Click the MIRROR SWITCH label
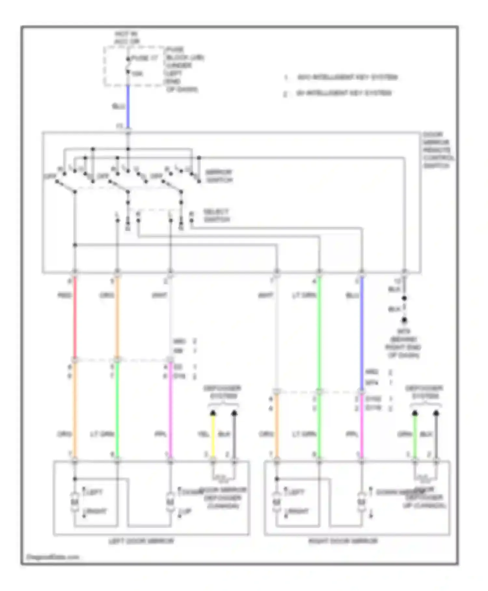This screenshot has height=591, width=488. click(x=219, y=176)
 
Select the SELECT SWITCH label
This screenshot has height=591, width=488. click(x=217, y=215)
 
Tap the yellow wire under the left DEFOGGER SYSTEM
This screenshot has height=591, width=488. click(x=213, y=437)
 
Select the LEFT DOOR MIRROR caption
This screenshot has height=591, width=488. click(x=141, y=541)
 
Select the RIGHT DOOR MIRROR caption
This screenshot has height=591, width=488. click(x=343, y=541)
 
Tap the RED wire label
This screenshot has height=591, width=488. click(x=64, y=295)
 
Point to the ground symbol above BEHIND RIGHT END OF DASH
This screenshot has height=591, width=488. click(x=404, y=320)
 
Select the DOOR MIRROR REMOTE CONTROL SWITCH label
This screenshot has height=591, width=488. click(x=438, y=150)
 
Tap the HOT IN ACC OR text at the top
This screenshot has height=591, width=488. click(x=127, y=37)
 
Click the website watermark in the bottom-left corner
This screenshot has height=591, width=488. click(x=53, y=557)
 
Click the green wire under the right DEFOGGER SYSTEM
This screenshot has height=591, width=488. click(x=415, y=437)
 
